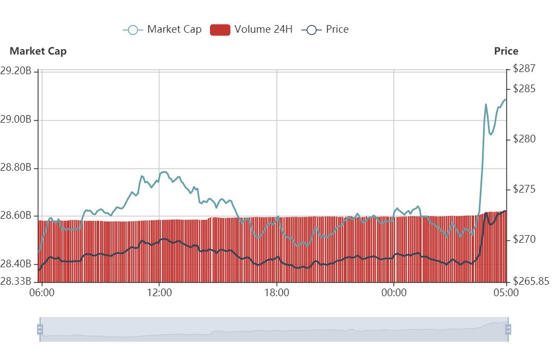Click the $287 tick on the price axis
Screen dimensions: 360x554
point(525,69)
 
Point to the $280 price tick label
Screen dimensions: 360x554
point(525,139)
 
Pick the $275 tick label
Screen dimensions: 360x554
point(525,189)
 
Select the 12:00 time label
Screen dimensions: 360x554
point(159,292)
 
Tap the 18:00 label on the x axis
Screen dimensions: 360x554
point(277,292)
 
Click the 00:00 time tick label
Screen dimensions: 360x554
point(394,292)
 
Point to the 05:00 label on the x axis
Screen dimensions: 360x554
point(506,292)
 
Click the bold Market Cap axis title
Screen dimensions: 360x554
point(38,51)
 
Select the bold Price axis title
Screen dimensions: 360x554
point(506,51)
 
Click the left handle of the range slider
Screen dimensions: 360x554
point(40,329)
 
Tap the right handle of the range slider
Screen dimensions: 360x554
point(508,329)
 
